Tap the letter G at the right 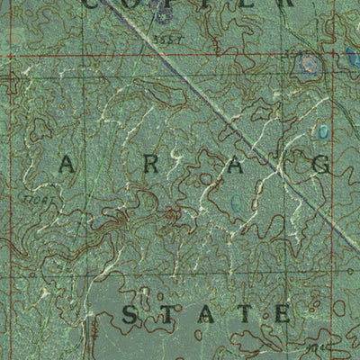321,165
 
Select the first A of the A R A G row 69,165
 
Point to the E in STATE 282,314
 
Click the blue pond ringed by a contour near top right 310,64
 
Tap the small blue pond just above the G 323,132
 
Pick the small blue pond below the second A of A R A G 236,203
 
